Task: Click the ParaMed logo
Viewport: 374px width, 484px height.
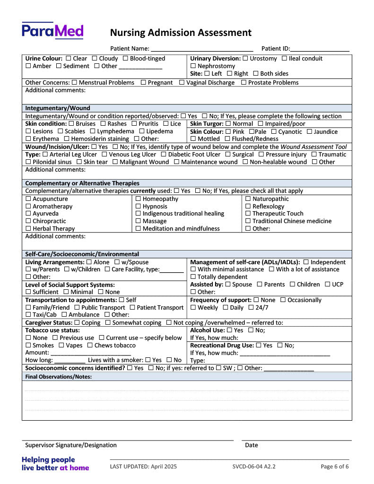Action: pyautogui.click(x=52, y=31)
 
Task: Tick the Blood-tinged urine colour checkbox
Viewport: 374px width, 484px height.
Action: pyautogui.click(x=126, y=59)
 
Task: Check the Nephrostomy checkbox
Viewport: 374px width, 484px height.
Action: pyautogui.click(x=193, y=66)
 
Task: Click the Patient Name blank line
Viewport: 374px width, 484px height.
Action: pyautogui.click(x=202, y=49)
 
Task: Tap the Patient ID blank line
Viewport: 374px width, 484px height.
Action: pyautogui.click(x=320, y=49)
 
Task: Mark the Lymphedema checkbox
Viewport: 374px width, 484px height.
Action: pyautogui.click(x=93, y=131)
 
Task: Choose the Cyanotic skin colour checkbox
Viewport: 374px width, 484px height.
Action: pyautogui.click(x=274, y=132)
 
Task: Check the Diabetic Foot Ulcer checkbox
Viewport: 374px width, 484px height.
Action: pyautogui.click(x=164, y=155)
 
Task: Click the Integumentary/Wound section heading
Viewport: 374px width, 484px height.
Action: pyautogui.click(x=58, y=108)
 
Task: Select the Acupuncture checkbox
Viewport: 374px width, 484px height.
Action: pyautogui.click(x=28, y=199)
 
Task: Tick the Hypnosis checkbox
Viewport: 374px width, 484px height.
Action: pyautogui.click(x=138, y=207)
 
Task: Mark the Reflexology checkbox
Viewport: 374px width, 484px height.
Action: pyautogui.click(x=248, y=207)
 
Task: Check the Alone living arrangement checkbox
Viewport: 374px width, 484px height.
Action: pyautogui.click(x=89, y=262)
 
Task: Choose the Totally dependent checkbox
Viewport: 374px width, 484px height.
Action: pyautogui.click(x=193, y=277)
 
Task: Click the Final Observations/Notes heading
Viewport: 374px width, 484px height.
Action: pyautogui.click(x=58, y=377)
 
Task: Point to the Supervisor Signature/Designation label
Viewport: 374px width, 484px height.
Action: pyautogui.click(x=71, y=445)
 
